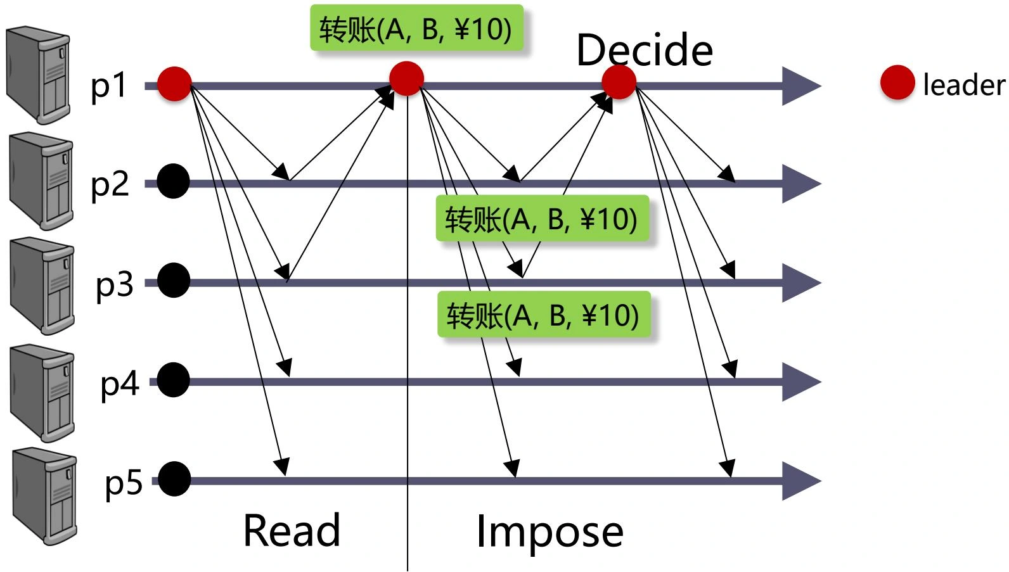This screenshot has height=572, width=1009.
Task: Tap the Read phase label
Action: (x=292, y=530)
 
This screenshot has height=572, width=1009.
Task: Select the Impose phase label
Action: (x=549, y=531)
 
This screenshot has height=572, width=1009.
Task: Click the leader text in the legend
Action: (x=963, y=85)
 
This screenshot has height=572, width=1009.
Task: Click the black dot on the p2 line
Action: (x=174, y=182)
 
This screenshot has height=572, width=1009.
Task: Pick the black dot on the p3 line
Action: (x=174, y=281)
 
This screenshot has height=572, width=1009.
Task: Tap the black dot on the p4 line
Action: (x=174, y=380)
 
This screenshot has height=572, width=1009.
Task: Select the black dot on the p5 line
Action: (x=174, y=480)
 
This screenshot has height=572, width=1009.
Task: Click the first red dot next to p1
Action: (x=174, y=84)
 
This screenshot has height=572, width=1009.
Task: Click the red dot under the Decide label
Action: (x=619, y=82)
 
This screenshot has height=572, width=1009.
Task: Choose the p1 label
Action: (x=109, y=85)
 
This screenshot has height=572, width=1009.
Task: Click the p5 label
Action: (x=124, y=483)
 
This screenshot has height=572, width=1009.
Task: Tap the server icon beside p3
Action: (x=42, y=285)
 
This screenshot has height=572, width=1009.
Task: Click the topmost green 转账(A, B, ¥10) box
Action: (x=416, y=29)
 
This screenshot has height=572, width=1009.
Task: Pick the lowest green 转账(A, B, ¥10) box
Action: (x=544, y=315)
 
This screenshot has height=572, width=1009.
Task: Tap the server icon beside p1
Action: (x=38, y=75)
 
